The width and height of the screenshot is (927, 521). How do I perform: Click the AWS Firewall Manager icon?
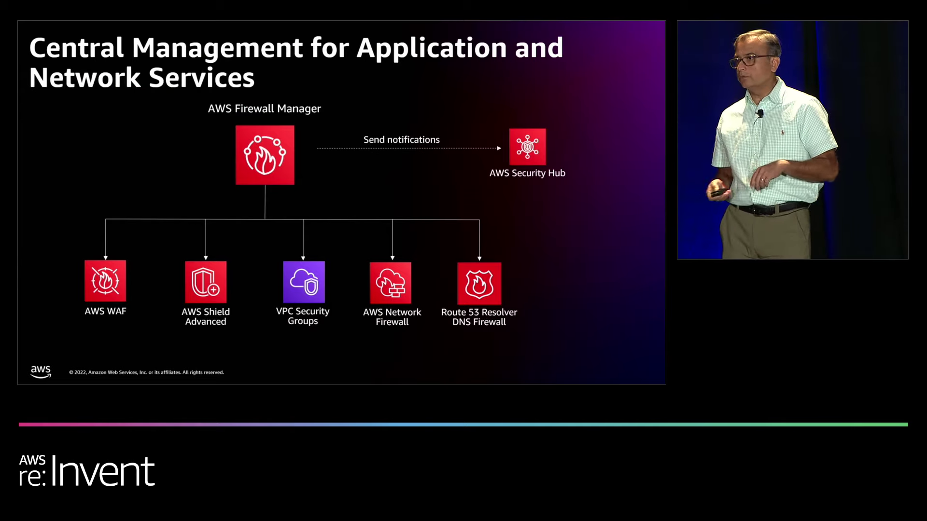(x=265, y=155)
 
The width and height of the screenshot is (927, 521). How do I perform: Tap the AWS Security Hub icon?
(x=527, y=147)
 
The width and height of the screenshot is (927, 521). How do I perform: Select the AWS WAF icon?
(x=105, y=281)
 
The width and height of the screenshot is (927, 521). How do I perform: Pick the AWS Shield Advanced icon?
(x=206, y=282)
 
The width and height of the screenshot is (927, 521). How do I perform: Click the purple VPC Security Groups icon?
(x=304, y=282)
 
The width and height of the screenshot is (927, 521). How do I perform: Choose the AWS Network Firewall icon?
(x=391, y=283)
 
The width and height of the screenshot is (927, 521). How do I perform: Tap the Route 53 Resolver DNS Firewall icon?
(x=479, y=283)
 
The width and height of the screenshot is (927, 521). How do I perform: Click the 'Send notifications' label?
(x=401, y=139)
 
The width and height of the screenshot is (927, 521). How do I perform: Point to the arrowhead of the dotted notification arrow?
(x=499, y=148)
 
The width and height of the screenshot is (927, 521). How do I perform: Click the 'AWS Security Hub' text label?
(x=527, y=173)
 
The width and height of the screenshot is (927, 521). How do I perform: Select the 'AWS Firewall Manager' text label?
(x=264, y=109)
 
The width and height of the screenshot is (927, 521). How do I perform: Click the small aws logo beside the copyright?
(x=41, y=371)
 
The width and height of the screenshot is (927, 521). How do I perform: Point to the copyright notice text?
(x=146, y=372)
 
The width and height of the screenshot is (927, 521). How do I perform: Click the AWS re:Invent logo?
(x=87, y=470)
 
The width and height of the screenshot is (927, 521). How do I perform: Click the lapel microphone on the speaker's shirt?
(x=760, y=113)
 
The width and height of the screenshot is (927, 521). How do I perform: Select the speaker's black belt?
(x=770, y=209)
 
